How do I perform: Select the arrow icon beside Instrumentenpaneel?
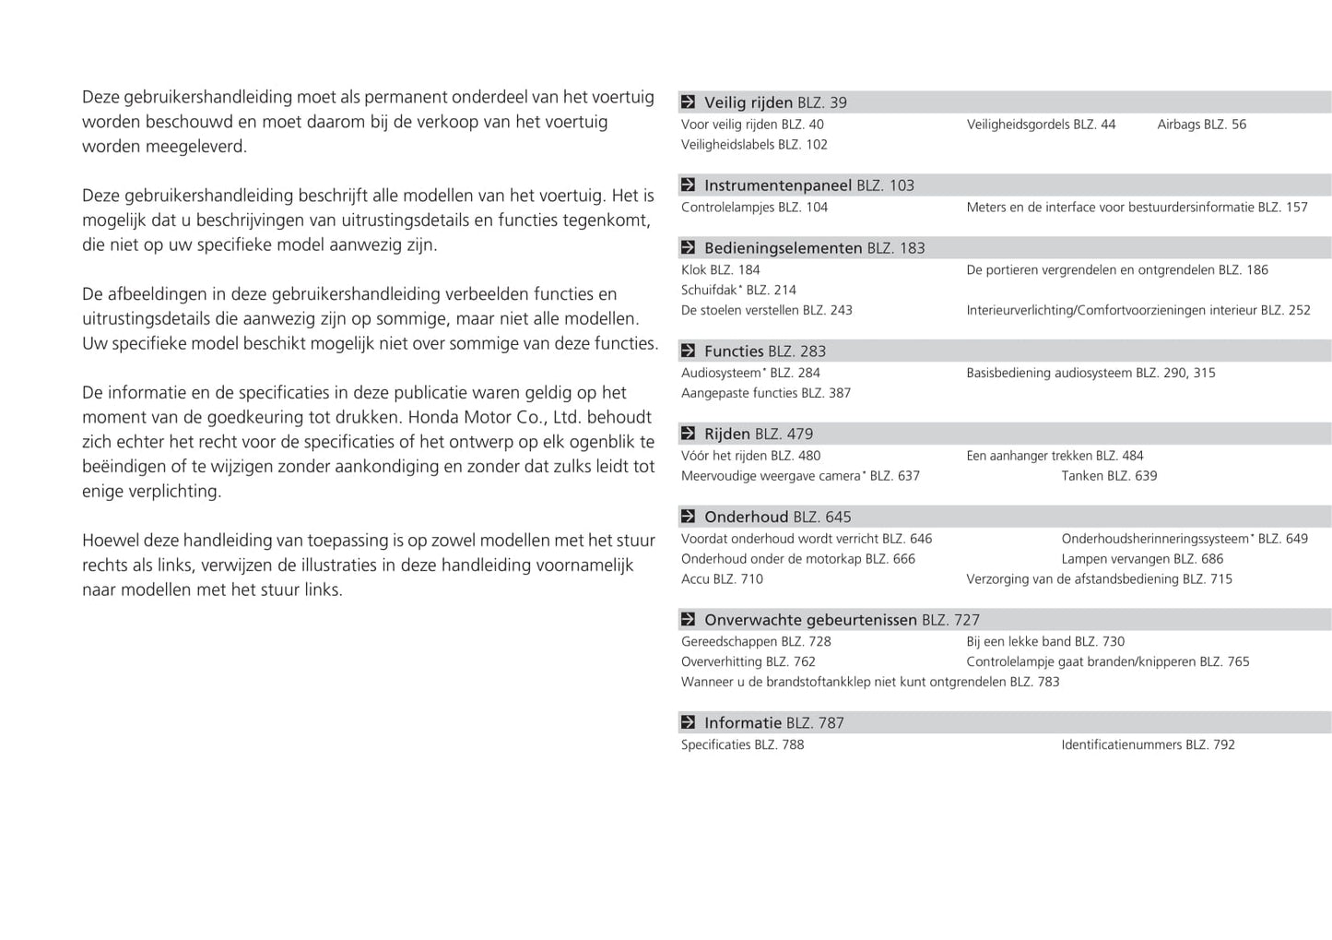[688, 185]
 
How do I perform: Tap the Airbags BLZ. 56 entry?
[1201, 125]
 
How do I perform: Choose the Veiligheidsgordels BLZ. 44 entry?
[1041, 125]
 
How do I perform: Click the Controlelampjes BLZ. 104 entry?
[754, 208]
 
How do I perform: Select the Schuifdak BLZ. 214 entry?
[738, 291]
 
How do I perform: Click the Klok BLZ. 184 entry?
[720, 270]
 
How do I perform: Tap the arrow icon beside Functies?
[688, 351]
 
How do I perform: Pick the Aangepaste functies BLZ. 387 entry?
[765, 393]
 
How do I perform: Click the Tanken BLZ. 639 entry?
[1109, 476]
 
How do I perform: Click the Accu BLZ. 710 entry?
[722, 579]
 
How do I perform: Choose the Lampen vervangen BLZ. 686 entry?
[1142, 559]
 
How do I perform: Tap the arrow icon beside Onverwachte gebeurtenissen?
[688, 620]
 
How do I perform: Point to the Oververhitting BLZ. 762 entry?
[748, 662]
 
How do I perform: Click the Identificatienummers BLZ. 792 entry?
[1148, 745]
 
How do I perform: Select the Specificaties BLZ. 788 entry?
[742, 745]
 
